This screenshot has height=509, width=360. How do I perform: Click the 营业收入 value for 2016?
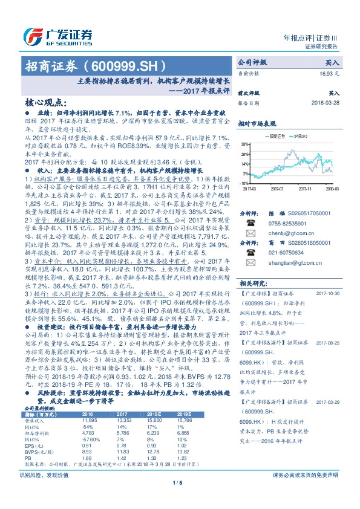[x=89, y=418]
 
